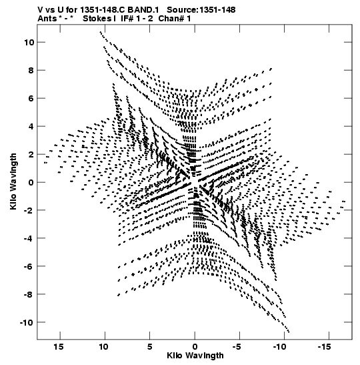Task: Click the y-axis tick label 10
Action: (29, 42)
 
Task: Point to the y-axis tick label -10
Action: (27, 322)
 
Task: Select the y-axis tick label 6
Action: (31, 99)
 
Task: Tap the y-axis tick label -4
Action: (29, 238)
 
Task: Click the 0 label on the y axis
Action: (31, 183)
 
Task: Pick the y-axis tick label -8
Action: (29, 294)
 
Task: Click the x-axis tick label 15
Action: (59, 347)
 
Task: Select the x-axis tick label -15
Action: (324, 347)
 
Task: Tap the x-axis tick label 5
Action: (149, 347)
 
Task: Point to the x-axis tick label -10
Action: (279, 347)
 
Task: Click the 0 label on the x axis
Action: (195, 347)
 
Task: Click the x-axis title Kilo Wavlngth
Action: (195, 356)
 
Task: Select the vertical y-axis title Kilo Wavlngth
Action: (13, 181)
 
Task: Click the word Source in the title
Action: (182, 10)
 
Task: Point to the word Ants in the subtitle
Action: (47, 19)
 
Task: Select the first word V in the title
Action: (41, 10)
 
